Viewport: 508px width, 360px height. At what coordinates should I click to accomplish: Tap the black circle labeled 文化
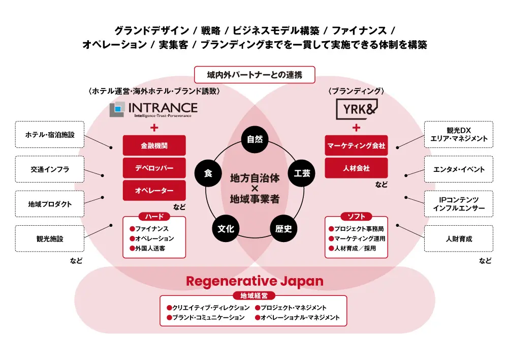tap(226, 228)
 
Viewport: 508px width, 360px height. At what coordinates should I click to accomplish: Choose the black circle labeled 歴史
tap(283, 228)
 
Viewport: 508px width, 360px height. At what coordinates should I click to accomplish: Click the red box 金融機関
tap(154, 145)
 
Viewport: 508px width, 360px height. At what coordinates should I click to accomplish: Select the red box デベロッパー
tap(154, 168)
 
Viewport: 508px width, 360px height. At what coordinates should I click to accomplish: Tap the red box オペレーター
tap(154, 191)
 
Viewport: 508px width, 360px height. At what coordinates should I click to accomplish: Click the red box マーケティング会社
tap(356, 145)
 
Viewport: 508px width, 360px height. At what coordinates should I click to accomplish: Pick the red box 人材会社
tap(356, 168)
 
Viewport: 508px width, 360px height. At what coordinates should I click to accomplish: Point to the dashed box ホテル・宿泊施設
tap(50, 135)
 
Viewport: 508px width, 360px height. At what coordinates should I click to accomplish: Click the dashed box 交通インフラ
tap(50, 169)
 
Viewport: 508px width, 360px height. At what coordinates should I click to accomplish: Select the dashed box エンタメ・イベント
tap(458, 169)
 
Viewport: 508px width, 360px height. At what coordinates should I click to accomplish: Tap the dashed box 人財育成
tap(458, 238)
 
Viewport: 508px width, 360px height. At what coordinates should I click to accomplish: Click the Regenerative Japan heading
tap(255, 281)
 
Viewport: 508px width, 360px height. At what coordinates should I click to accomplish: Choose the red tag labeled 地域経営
tap(253, 295)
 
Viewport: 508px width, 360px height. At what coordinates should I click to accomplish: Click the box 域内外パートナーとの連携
tap(255, 75)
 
